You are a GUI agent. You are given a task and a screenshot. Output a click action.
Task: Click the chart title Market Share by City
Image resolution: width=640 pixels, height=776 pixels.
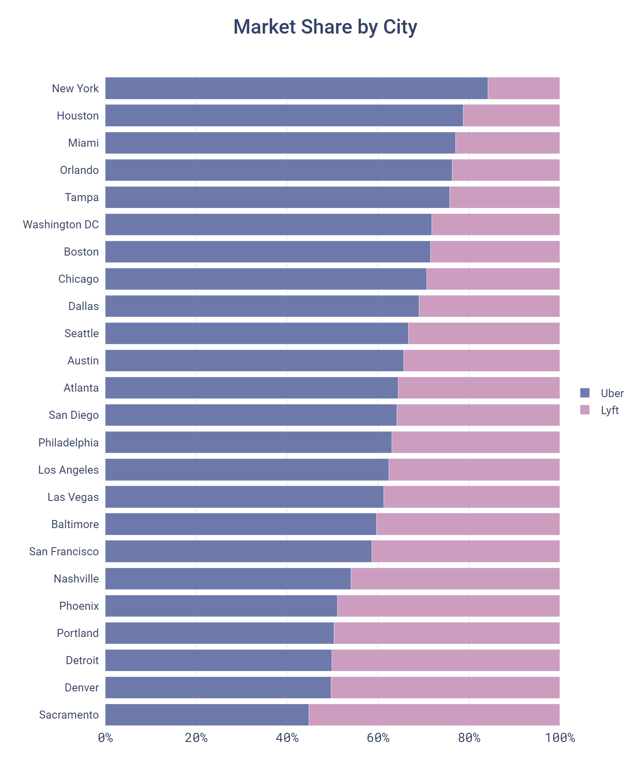[325, 27]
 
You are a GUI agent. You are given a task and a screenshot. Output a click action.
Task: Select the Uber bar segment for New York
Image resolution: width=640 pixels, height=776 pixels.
[296, 88]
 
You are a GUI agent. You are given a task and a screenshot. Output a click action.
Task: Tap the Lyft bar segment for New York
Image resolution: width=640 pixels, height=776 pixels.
[523, 88]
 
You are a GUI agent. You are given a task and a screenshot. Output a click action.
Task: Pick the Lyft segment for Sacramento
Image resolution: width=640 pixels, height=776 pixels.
[434, 715]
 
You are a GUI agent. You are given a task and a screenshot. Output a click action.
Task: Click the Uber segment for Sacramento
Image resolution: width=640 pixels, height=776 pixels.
[207, 715]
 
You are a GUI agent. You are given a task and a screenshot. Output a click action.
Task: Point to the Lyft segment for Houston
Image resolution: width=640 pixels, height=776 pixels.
[511, 116]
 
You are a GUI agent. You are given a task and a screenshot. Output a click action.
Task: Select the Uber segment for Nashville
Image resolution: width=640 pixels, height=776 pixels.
[228, 579]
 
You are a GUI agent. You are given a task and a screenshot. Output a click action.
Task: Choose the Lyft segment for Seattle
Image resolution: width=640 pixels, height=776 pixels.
[484, 333]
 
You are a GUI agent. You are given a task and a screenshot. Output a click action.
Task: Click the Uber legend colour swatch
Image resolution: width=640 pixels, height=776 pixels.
[585, 393]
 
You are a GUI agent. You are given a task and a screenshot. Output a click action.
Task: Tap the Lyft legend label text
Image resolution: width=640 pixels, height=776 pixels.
[609, 410]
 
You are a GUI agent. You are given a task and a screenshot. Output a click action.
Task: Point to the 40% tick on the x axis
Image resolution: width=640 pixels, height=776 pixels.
[287, 738]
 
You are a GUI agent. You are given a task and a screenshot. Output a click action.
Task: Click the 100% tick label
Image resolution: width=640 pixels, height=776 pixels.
[560, 738]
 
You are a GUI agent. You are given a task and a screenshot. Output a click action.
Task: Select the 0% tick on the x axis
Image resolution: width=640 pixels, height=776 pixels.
[105, 738]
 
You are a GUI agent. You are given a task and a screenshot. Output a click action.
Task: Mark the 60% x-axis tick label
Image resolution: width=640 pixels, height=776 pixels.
[378, 738]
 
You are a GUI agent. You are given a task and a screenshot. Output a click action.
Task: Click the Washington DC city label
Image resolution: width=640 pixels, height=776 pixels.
[61, 225]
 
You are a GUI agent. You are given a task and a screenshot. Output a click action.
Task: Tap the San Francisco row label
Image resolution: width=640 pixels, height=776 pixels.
[64, 551]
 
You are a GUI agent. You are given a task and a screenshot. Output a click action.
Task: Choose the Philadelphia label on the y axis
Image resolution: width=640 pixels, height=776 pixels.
[68, 443]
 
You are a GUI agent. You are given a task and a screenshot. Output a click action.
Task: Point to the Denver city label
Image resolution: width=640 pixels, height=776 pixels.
[82, 688]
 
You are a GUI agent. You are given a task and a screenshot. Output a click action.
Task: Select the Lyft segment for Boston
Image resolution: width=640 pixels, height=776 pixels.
[495, 252]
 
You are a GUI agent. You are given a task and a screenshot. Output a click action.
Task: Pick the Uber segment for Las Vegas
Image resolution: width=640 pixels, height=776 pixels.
[245, 497]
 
